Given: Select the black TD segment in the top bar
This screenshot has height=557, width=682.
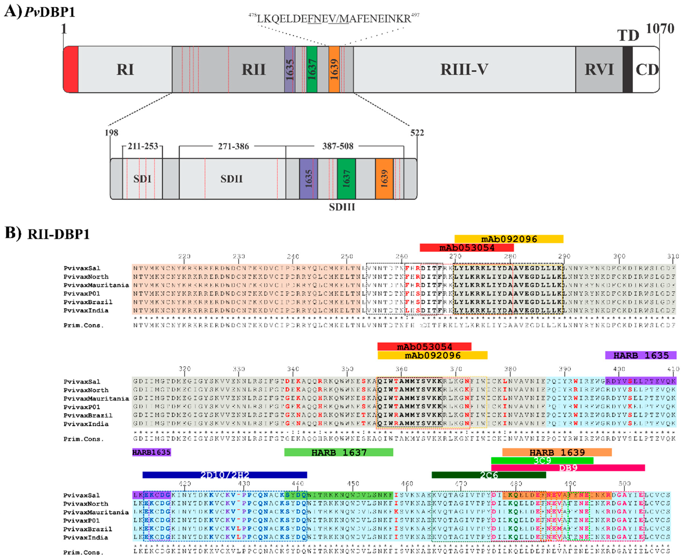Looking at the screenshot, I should click(x=627, y=69).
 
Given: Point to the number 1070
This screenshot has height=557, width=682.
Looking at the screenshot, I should click(x=660, y=29).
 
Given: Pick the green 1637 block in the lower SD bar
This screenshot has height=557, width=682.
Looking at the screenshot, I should click(x=346, y=179).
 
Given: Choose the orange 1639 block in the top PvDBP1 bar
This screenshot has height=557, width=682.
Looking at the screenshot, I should click(x=334, y=69).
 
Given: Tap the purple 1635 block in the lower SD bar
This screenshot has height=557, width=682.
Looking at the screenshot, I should click(x=308, y=179).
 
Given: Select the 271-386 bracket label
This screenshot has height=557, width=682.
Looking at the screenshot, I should click(x=233, y=146).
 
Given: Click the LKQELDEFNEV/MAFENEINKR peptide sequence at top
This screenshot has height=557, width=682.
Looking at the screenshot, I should click(x=334, y=19).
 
